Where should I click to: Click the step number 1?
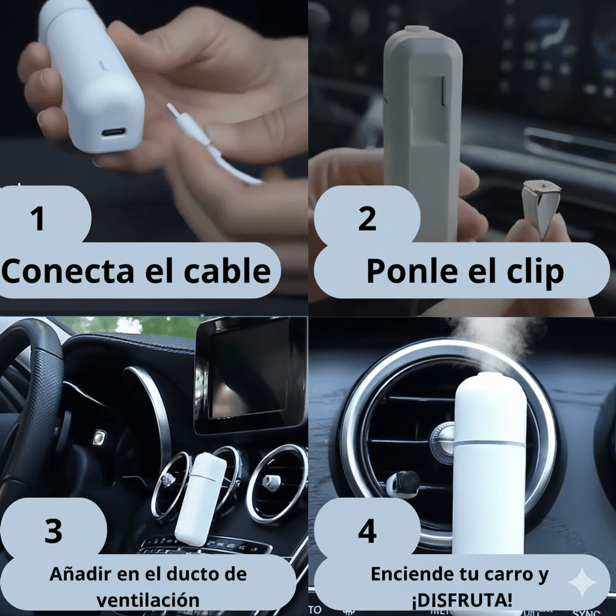pos(38,218)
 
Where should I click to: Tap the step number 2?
pos(367,218)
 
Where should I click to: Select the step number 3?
pos(53,531)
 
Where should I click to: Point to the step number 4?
pos(367,531)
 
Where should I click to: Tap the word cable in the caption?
pos(232,271)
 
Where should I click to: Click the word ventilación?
pos(148,599)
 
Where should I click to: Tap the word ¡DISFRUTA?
pos(462,599)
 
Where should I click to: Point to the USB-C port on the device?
pos(112,133)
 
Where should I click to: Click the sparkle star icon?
pos(582,582)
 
